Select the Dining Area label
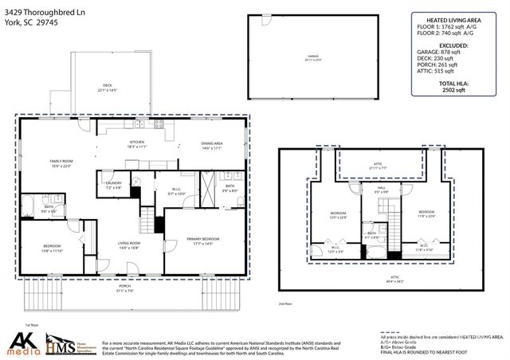point(211,145)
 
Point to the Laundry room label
point(113,185)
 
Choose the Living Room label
point(129,245)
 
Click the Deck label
point(107,87)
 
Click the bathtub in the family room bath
point(29,209)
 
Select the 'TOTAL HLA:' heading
point(458,84)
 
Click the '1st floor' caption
point(32,325)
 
